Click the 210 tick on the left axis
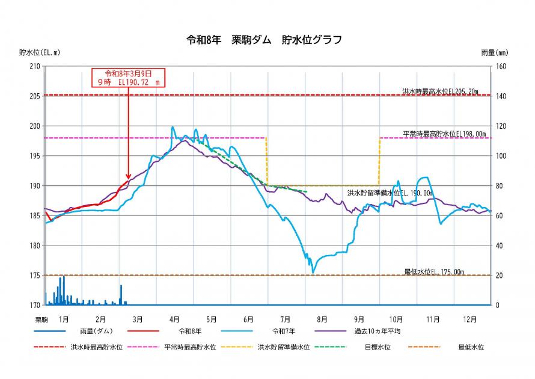coord(34,66)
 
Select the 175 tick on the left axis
coord(34,276)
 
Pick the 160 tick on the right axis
coord(501,66)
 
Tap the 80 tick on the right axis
coord(499,186)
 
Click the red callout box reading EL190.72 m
coord(129,78)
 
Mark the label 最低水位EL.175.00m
coord(434,272)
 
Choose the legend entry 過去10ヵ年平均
coord(378,331)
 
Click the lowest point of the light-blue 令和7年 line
coord(313,273)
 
